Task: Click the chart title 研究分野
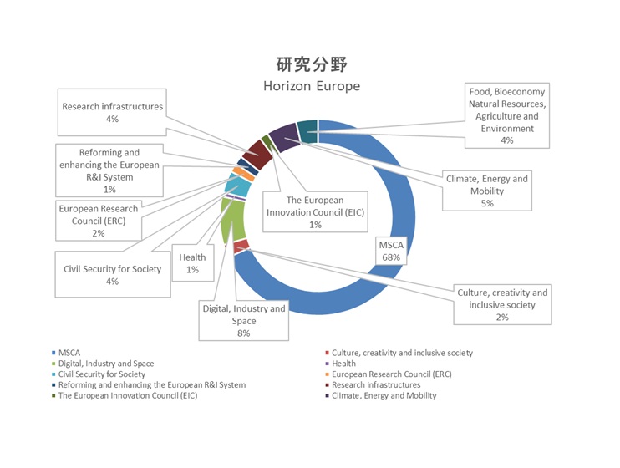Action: (x=311, y=65)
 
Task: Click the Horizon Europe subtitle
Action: (x=311, y=86)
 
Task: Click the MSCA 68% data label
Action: (x=391, y=252)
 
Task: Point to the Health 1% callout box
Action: (x=193, y=263)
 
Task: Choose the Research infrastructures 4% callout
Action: (x=112, y=113)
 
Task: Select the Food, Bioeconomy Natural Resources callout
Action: (x=506, y=115)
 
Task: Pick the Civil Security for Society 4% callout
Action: (x=112, y=275)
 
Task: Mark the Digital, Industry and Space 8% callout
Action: (x=244, y=320)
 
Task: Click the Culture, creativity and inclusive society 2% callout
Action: (x=502, y=304)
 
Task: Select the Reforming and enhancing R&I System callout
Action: (x=109, y=170)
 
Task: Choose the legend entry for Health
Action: (x=343, y=364)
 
